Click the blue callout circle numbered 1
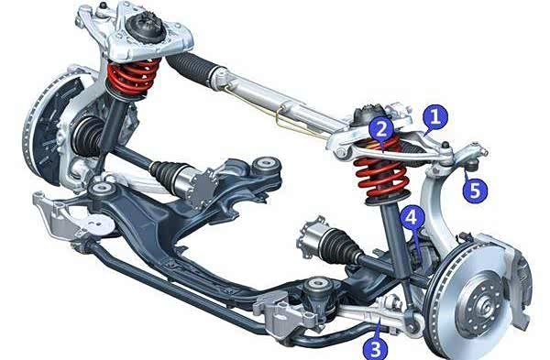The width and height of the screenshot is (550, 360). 435,116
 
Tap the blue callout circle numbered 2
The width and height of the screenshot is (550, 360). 381,129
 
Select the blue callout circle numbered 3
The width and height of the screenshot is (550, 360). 375,348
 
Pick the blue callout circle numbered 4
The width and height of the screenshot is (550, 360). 412,217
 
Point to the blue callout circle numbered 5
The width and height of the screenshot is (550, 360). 475,190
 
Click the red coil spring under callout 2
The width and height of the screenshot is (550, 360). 381,171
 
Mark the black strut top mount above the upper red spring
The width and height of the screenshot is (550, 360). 146,27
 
